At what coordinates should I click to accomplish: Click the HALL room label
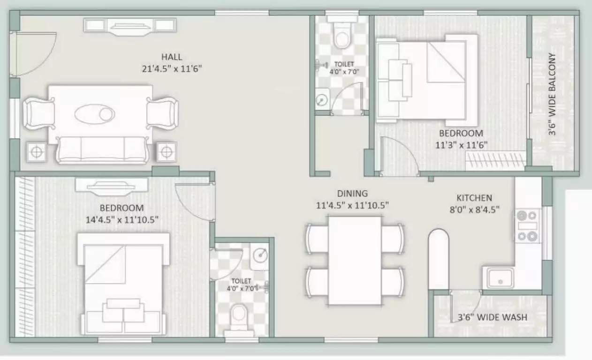click(172, 57)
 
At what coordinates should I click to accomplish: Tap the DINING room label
click(352, 194)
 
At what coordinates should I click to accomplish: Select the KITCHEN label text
click(474, 198)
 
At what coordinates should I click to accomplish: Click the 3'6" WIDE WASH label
click(492, 317)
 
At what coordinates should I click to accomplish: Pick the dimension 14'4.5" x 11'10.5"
click(122, 219)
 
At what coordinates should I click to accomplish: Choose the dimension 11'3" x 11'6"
click(462, 145)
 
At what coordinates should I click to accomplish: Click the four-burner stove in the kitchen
click(526, 225)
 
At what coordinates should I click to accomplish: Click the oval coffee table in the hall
click(95, 113)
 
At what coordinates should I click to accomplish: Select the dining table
click(355, 260)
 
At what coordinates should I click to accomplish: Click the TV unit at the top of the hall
click(130, 25)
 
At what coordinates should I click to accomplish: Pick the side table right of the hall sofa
click(166, 151)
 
